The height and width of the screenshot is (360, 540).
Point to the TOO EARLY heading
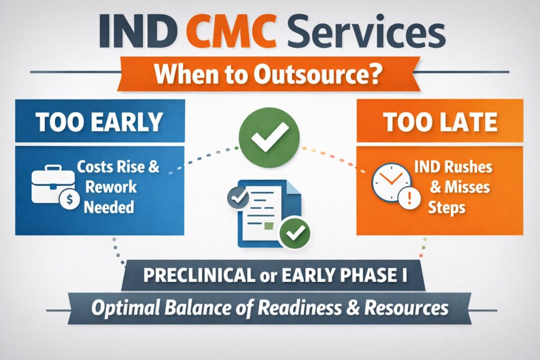99,122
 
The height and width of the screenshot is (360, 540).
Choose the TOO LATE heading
440,122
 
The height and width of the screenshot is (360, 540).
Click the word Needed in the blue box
109,206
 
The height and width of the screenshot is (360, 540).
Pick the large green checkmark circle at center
269,138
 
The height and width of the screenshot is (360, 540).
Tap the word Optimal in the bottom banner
123,307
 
